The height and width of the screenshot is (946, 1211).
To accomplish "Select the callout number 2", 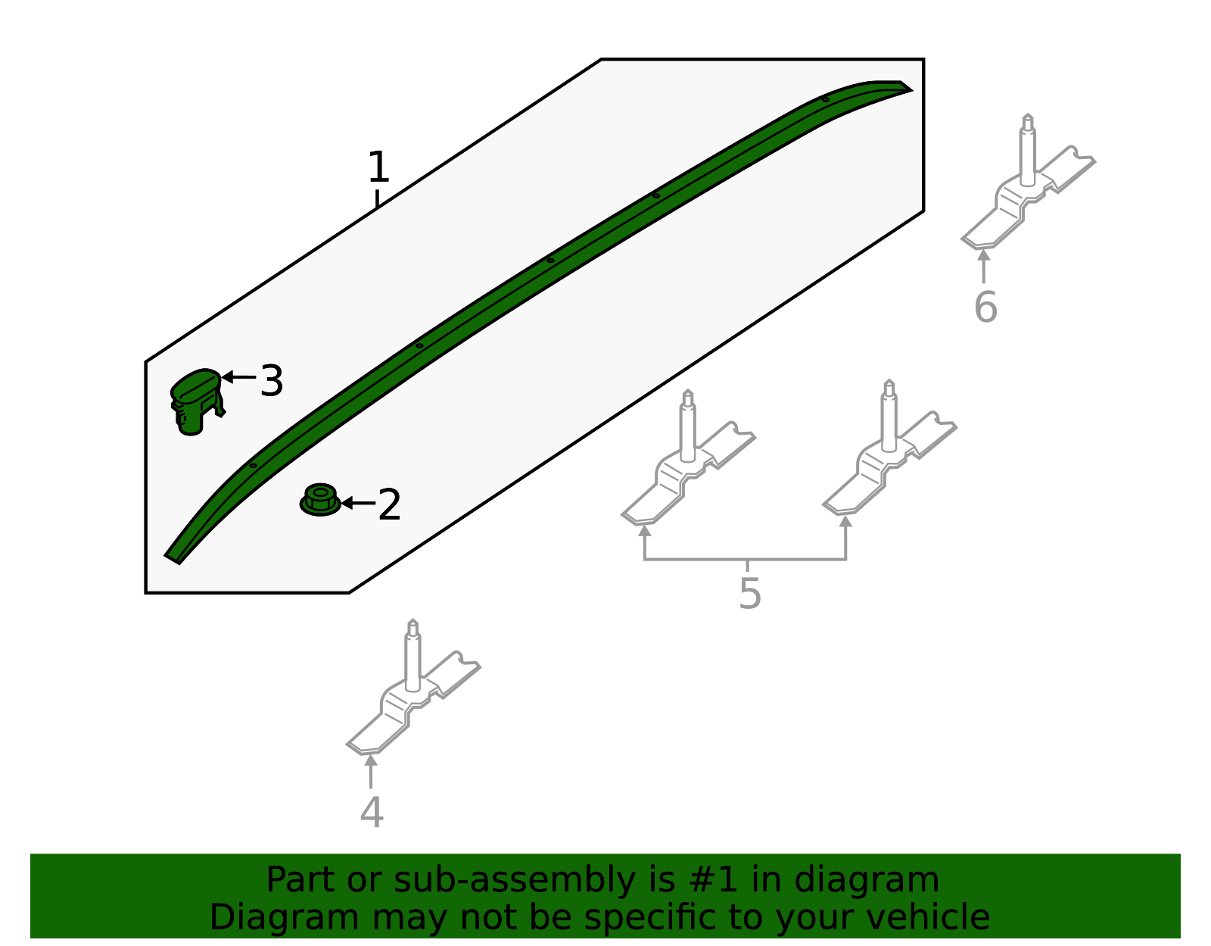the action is (389, 505).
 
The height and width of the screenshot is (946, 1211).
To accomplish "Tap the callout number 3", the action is (272, 381).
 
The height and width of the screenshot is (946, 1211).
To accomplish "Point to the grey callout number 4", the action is (372, 812).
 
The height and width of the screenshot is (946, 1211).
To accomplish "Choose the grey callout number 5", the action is (749, 594).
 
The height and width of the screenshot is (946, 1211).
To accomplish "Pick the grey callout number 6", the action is (985, 308).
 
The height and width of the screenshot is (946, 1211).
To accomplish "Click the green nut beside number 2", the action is (320, 499).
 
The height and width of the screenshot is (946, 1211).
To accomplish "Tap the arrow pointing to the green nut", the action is (358, 504).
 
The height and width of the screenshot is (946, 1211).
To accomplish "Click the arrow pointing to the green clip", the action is (238, 377).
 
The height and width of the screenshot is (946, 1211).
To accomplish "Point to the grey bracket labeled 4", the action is (413, 687).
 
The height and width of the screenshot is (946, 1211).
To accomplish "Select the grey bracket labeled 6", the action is (1028, 182).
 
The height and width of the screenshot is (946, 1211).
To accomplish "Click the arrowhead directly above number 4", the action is (371, 760).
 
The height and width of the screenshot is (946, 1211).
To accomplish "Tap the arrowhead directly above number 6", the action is (984, 255).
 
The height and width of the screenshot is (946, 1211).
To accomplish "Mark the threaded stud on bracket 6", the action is (1028, 150).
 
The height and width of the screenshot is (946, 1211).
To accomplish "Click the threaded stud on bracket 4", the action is (413, 656).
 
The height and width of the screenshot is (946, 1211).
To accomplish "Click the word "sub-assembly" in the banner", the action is (515, 880).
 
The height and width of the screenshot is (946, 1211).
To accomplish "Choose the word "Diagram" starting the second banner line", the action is (285, 918).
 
